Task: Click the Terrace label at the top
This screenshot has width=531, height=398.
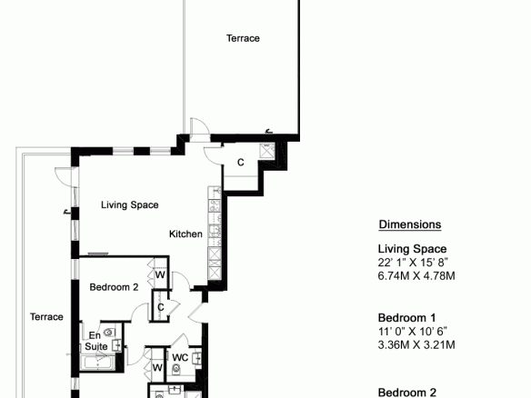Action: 243,38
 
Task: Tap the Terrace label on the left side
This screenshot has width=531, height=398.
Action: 46,317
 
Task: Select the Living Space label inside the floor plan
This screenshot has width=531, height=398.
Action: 130,205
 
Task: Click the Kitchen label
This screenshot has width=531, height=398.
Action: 185,234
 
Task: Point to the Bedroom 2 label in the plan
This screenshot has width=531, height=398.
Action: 114,287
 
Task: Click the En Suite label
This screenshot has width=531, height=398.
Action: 96,341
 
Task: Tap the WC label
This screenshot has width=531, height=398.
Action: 180,358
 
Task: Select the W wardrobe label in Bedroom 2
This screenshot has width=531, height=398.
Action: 160,274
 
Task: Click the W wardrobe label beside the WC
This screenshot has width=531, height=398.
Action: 157,367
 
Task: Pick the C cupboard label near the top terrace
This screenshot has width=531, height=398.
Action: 240,163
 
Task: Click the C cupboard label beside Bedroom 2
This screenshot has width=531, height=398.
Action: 161,307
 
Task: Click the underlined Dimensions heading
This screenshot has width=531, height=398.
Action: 410,224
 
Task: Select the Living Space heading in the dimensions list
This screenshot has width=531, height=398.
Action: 412,249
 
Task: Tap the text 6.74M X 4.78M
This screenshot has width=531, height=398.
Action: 416,276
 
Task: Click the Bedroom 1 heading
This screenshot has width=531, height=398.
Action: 406,318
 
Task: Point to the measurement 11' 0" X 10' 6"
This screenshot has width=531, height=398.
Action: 413,331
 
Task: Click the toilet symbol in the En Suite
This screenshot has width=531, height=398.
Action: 108,333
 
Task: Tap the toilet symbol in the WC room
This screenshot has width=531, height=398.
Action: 176,369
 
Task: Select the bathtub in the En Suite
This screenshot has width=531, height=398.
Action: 98,363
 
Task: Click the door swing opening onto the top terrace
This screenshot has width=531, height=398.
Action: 200,130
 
